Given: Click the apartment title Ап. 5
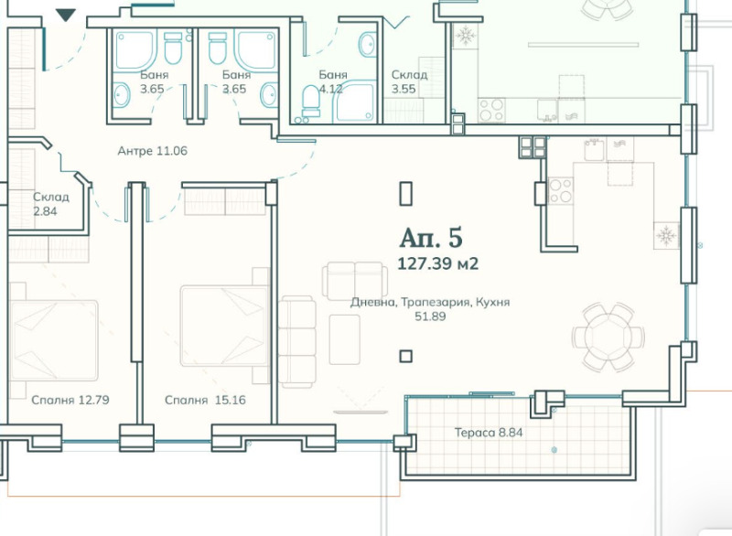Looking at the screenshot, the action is [x=431, y=238].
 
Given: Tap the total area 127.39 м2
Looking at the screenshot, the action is [x=438, y=264].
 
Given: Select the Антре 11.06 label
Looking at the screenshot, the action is [x=152, y=151].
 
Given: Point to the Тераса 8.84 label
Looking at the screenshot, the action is [x=489, y=433].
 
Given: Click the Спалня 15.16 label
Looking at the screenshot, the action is [x=205, y=401].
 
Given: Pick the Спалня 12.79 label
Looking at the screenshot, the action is [x=70, y=401].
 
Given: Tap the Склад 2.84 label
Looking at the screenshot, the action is [x=51, y=204].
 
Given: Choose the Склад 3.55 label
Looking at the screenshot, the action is [x=409, y=81].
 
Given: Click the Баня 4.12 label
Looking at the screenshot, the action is [x=333, y=81].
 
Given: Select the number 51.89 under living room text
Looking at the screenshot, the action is [x=430, y=316].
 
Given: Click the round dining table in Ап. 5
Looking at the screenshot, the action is [x=608, y=337].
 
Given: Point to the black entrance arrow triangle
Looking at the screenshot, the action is [x=65, y=16].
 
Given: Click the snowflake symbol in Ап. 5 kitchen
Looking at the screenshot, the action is [x=666, y=235].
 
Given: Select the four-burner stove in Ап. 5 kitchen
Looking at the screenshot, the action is [x=560, y=191].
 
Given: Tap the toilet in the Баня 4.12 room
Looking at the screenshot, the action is [x=311, y=101].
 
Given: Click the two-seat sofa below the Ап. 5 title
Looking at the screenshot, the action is [x=354, y=281].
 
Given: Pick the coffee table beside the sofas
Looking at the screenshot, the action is [x=345, y=339].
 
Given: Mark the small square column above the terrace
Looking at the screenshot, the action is [x=405, y=357].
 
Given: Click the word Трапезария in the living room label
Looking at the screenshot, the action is [x=436, y=302].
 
